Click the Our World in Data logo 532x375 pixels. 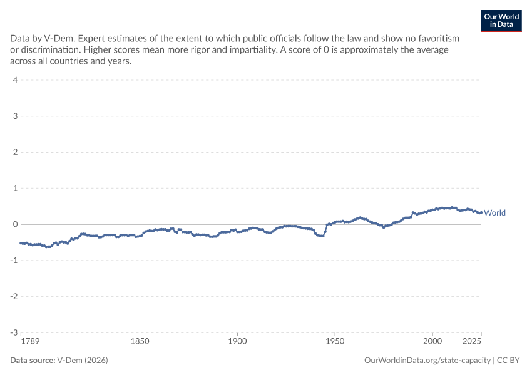click(x=501, y=21)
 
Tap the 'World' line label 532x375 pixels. click(x=494, y=212)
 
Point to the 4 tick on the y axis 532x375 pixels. click(x=15, y=80)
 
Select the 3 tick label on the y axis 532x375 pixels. click(x=15, y=116)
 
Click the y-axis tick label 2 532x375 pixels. click(x=15, y=152)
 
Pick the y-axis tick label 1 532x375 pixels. click(x=15, y=188)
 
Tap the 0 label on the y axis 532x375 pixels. click(x=15, y=224)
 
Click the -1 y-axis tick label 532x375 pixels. click(x=14, y=260)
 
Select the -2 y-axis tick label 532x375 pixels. click(x=14, y=296)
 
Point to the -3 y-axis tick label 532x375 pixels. click(x=14, y=332)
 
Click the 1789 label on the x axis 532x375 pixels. click(x=30, y=341)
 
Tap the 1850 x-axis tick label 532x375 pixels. click(x=140, y=341)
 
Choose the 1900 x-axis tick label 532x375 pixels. click(x=237, y=341)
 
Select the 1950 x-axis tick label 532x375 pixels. click(x=335, y=341)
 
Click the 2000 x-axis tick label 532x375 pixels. click(x=432, y=341)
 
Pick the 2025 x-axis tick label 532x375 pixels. click(x=472, y=341)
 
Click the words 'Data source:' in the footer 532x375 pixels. click(x=33, y=360)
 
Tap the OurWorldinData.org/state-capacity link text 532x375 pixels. click(x=427, y=361)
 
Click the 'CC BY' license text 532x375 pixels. click(x=508, y=360)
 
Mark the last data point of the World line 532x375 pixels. click(x=481, y=212)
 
